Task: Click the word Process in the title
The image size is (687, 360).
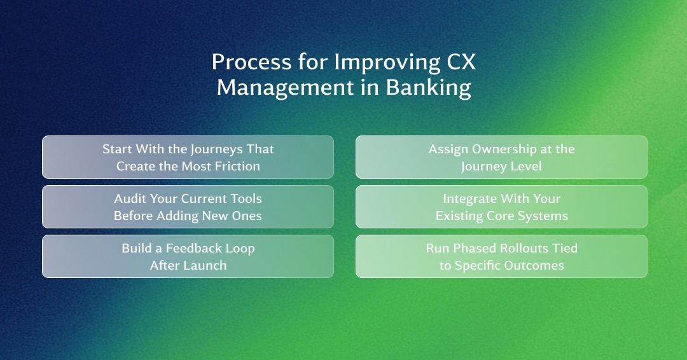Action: tap(251, 62)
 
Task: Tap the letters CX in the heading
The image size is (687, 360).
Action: tap(461, 62)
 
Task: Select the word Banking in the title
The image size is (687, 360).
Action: tap(428, 88)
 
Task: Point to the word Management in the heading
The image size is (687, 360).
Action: tap(285, 88)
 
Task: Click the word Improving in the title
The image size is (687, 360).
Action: tap(387, 62)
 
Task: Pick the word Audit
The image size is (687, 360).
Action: tap(130, 199)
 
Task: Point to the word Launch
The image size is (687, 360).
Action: tap(207, 265)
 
